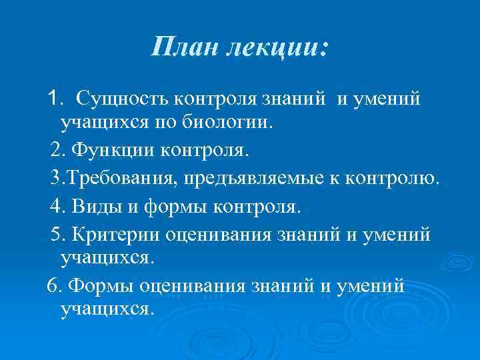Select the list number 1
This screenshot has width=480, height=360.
54,99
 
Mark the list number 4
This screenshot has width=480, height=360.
57,207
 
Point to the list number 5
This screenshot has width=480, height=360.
57,235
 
